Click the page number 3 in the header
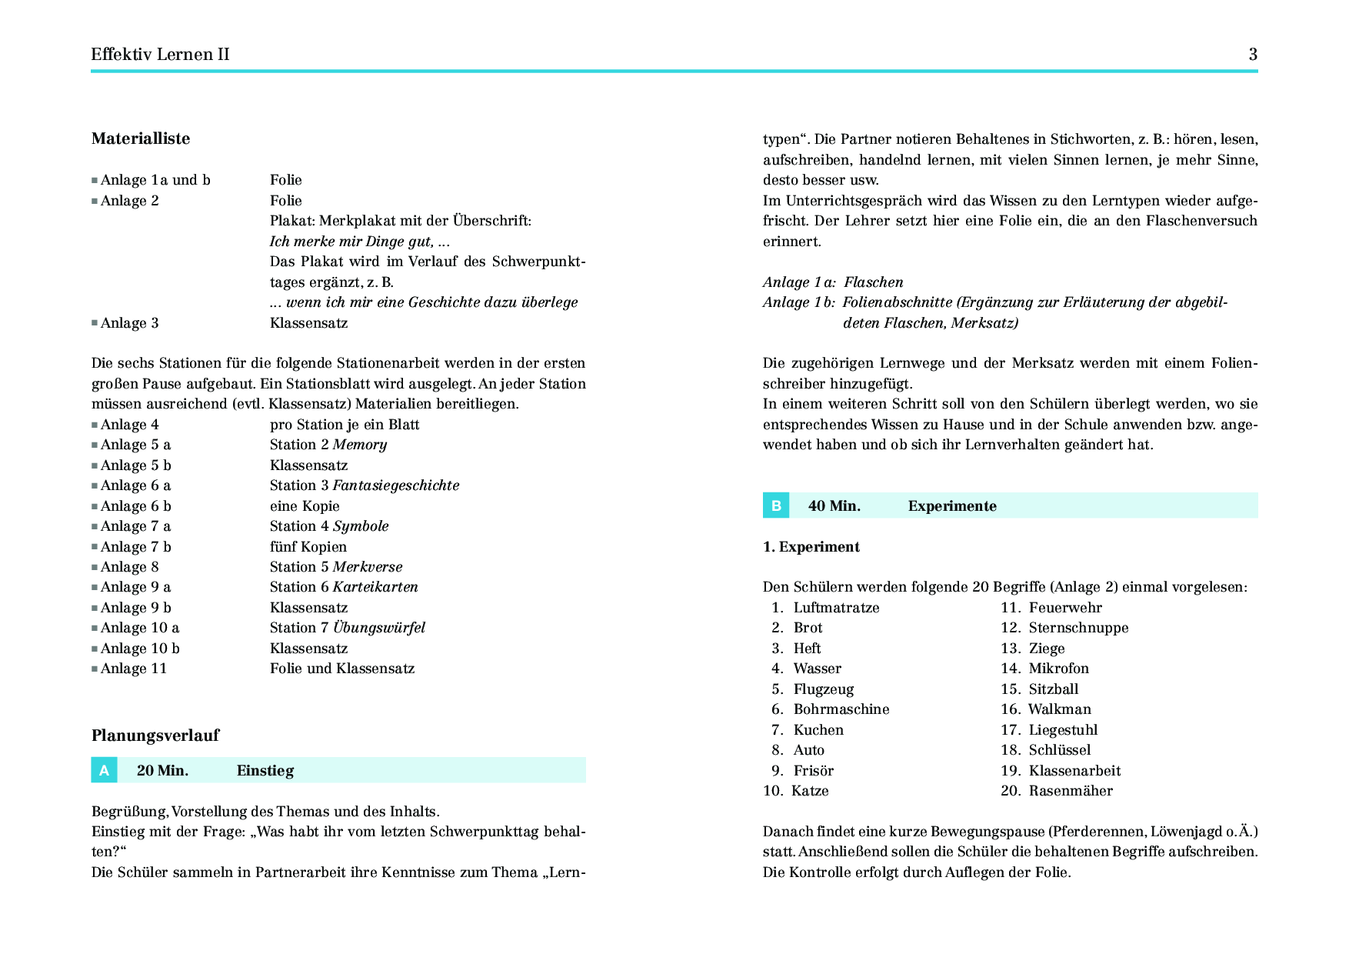pyautogui.click(x=1253, y=55)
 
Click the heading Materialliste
pyautogui.click(x=141, y=138)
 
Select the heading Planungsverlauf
pyautogui.click(x=155, y=736)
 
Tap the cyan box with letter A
pyautogui.click(x=104, y=770)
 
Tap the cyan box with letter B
pyautogui.click(x=776, y=505)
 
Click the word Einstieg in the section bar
pyautogui.click(x=265, y=771)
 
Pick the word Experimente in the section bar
pyautogui.click(x=952, y=506)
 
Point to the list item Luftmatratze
pyautogui.click(x=836, y=608)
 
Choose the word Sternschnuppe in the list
pyautogui.click(x=1078, y=628)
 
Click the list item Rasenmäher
pyautogui.click(x=1071, y=791)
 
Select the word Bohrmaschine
pyautogui.click(x=841, y=709)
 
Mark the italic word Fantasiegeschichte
pyautogui.click(x=395, y=485)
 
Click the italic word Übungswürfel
pyautogui.click(x=378, y=628)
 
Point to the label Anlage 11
pyautogui.click(x=134, y=669)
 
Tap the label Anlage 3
pyautogui.click(x=129, y=323)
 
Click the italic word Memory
pyautogui.click(x=359, y=445)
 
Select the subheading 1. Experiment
pyautogui.click(x=811, y=547)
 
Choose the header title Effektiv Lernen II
pyautogui.click(x=160, y=55)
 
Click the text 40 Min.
pyautogui.click(x=834, y=506)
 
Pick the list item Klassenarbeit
pyautogui.click(x=1074, y=771)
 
